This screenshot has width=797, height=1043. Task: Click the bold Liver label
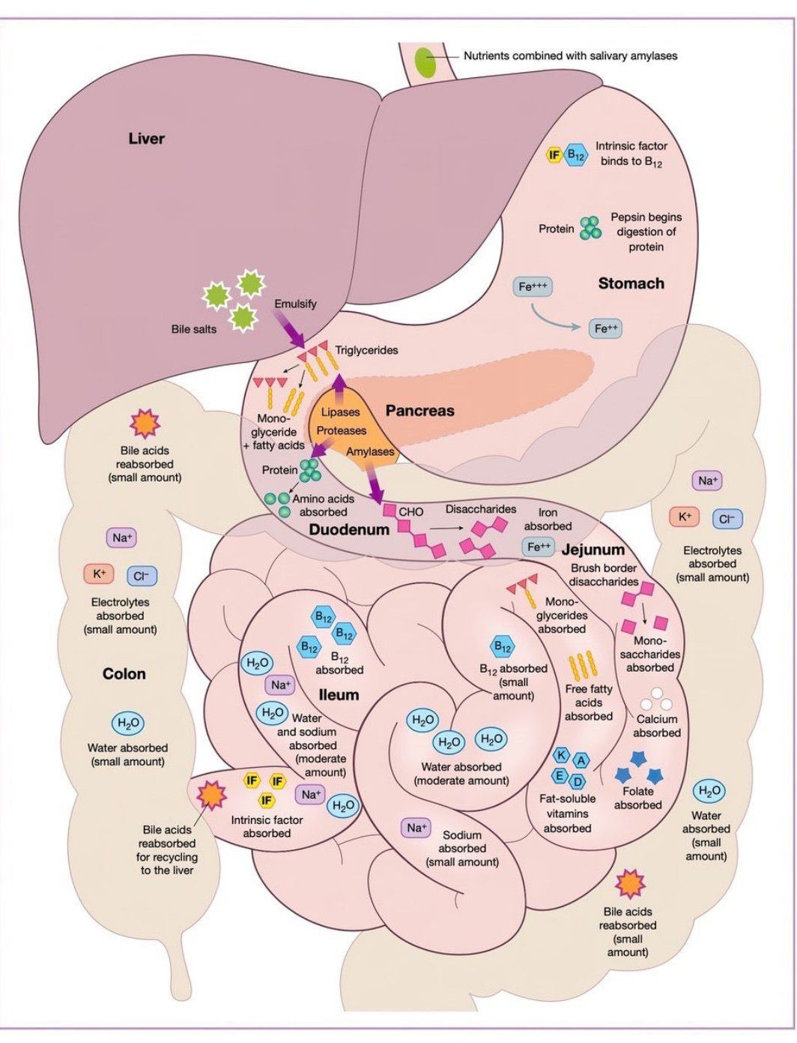(146, 139)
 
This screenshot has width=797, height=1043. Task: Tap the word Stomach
(631, 283)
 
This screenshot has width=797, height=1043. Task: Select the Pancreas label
(419, 411)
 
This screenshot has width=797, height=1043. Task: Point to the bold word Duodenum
(349, 529)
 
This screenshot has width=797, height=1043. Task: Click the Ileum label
(339, 695)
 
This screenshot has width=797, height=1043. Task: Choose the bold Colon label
(124, 674)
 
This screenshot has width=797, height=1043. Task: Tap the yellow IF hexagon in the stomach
(554, 156)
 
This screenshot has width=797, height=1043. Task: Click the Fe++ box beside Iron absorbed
(539, 547)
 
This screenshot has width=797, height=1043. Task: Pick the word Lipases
(340, 412)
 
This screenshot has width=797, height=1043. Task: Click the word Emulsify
(295, 304)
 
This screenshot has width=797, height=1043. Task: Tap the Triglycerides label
(366, 350)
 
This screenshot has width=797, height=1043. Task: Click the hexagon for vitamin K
(560, 755)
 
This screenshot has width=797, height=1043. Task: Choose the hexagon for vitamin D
(577, 782)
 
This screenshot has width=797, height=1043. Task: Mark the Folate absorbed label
(637, 798)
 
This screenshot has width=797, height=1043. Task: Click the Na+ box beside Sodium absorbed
(415, 828)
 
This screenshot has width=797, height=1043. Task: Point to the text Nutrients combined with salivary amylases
(570, 55)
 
